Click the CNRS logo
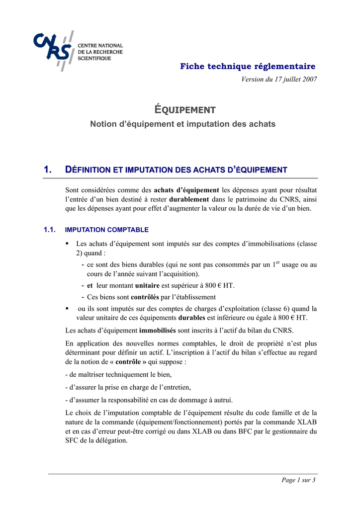click(78, 50)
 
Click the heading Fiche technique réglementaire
click(248, 66)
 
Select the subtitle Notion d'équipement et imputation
click(182, 124)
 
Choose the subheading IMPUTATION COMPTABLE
click(107, 230)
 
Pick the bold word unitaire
click(147, 286)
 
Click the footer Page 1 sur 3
click(298, 480)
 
